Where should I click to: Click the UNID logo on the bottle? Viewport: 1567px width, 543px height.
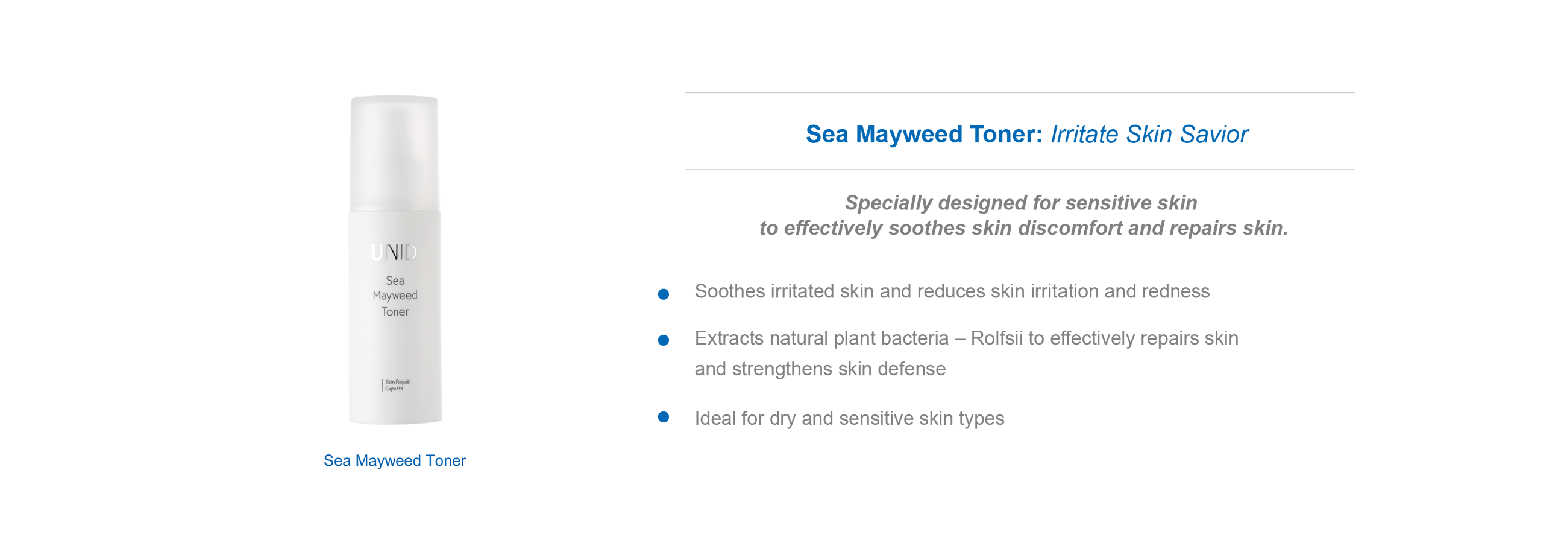394,252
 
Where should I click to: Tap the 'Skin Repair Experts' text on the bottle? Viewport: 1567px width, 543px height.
397,386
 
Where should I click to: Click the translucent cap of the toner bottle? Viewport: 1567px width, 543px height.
394,153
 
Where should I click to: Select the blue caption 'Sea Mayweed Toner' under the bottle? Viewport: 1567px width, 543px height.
395,461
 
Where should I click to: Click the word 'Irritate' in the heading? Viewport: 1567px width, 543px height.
1085,134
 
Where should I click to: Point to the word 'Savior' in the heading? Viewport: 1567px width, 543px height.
1214,134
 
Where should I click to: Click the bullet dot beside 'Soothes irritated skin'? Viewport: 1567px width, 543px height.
664,294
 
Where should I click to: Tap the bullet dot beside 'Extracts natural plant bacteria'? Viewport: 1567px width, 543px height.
664,340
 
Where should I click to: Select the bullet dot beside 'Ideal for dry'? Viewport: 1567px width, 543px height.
664,417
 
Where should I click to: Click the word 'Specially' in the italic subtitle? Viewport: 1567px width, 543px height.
889,203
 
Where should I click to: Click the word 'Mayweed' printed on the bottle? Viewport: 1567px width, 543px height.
395,296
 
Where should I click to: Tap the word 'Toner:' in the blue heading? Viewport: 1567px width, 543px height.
1006,134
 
